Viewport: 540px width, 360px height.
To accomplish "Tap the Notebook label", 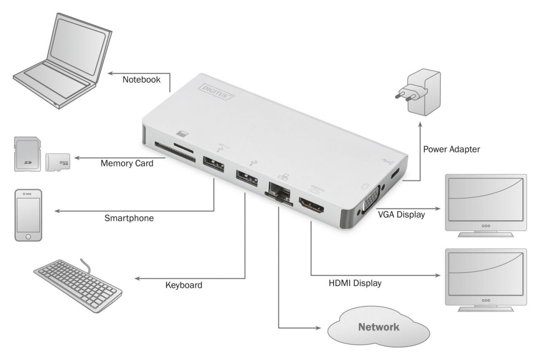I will point(142,80).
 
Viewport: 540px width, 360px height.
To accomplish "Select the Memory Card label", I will point(127,163).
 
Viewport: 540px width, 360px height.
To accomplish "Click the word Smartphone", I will point(129,219).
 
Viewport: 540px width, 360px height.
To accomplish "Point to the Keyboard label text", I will point(184,285).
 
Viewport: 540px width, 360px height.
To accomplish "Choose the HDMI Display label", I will point(355,283).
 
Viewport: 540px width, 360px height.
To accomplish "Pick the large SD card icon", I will point(27,154).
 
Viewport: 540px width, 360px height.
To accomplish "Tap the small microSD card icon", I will point(58,162).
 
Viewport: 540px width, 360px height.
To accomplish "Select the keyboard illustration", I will point(78,285).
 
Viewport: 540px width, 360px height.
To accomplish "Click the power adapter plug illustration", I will point(418,92).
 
